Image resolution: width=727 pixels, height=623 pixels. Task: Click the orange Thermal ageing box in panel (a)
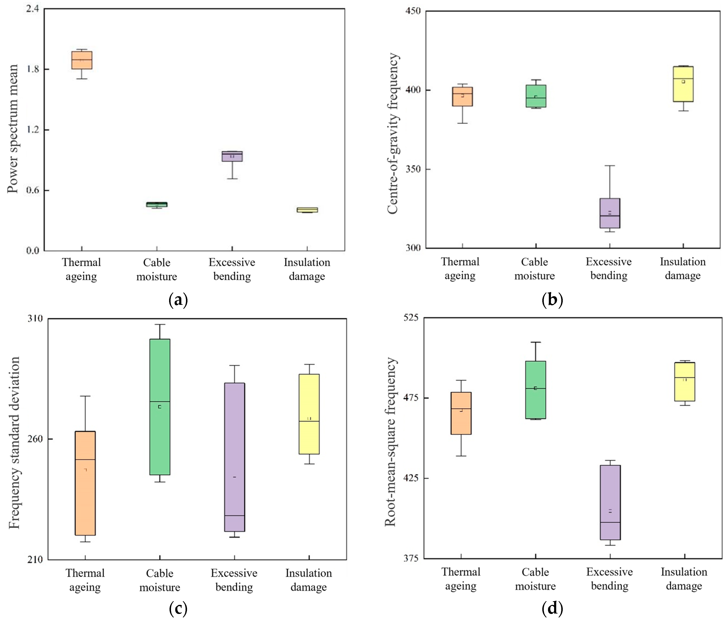pyautogui.click(x=82, y=60)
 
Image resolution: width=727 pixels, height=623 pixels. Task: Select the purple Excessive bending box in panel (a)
pyautogui.click(x=232, y=156)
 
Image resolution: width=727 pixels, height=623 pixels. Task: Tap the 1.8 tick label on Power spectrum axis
pyautogui.click(x=33, y=69)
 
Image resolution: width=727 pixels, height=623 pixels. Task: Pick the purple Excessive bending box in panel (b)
pyautogui.click(x=610, y=213)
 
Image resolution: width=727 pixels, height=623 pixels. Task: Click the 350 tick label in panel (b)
pyautogui.click(x=413, y=169)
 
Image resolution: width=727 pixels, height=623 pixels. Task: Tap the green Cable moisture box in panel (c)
pyautogui.click(x=160, y=407)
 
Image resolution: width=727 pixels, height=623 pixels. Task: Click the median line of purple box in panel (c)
pyautogui.click(x=234, y=516)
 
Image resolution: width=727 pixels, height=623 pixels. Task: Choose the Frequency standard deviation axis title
pyautogui.click(x=14, y=443)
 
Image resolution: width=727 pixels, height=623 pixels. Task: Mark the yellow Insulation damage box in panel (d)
pyautogui.click(x=685, y=382)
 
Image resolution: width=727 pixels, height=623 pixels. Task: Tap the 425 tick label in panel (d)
pyautogui.click(x=411, y=478)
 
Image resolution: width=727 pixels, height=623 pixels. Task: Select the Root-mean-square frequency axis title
pyautogui.click(x=390, y=442)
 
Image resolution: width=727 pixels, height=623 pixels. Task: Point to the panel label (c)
pyautogui.click(x=178, y=609)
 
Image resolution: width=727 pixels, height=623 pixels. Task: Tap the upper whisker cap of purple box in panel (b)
pyautogui.click(x=610, y=166)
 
